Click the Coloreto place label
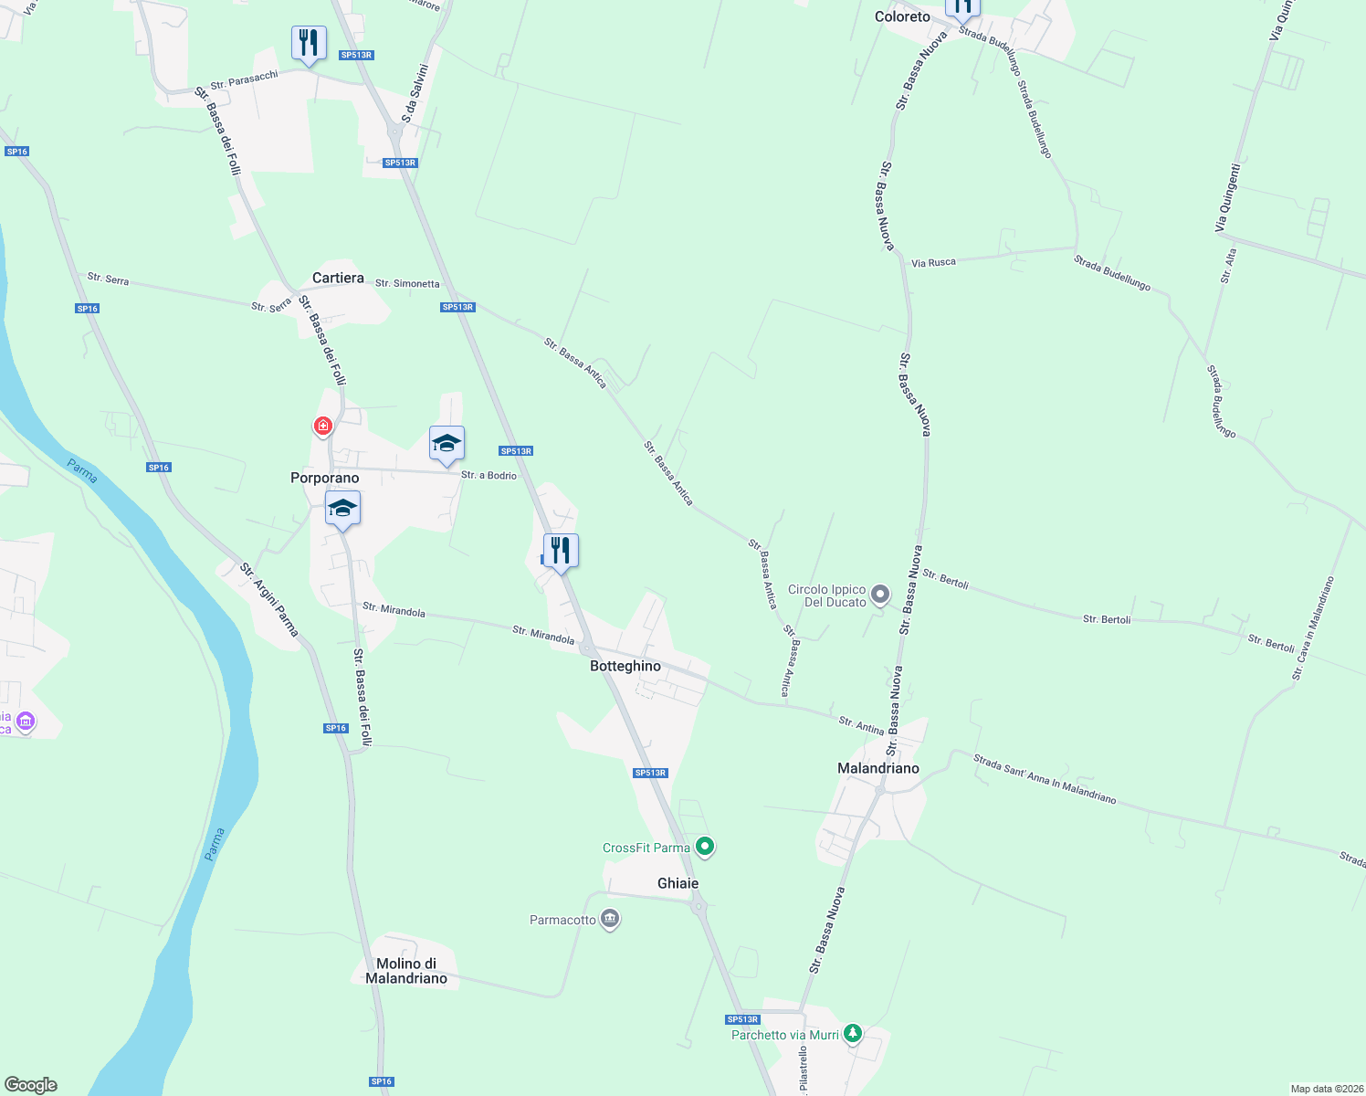(902, 16)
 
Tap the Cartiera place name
(338, 278)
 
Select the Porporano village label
(325, 478)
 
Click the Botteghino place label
(625, 666)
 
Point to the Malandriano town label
(878, 768)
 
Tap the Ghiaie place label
(678, 883)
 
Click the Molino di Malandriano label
(406, 971)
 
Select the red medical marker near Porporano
(322, 426)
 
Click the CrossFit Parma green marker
(705, 847)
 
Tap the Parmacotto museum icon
(611, 919)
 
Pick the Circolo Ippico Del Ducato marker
(880, 595)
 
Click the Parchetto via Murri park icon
(853, 1033)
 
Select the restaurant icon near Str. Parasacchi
(309, 43)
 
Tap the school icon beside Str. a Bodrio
(447, 444)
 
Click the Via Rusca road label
(933, 262)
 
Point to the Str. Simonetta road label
(407, 283)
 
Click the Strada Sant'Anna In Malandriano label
(1045, 779)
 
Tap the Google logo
(31, 1085)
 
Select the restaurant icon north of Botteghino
(561, 551)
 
